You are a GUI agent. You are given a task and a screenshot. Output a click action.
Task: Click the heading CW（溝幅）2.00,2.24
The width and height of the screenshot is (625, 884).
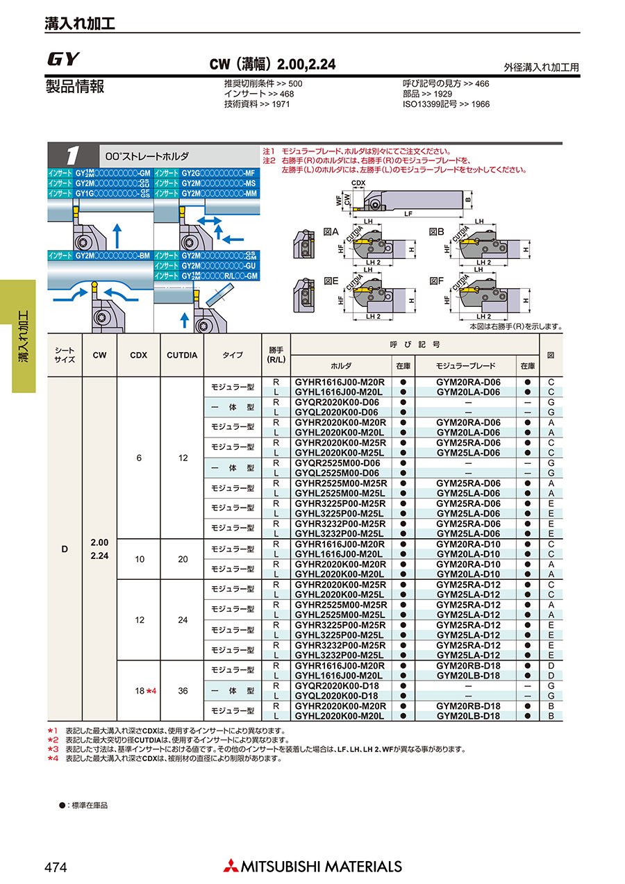272,65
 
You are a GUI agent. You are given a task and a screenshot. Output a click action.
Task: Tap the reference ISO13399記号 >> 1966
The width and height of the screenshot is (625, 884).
446,104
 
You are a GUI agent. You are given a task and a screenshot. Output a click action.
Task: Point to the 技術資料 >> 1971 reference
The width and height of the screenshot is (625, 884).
256,104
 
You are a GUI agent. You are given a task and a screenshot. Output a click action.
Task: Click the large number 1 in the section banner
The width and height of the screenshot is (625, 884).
72,155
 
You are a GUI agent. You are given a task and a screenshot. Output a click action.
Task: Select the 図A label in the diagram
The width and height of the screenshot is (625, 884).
331,233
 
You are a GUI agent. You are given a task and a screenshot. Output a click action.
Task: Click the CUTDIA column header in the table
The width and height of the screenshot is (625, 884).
182,355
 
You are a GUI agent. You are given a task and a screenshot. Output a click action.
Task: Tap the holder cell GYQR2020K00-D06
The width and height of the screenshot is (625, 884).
338,402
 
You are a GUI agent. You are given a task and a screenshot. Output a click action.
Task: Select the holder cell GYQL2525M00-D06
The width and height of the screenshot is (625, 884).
338,473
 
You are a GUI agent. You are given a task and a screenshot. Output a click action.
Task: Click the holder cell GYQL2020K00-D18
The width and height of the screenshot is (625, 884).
338,696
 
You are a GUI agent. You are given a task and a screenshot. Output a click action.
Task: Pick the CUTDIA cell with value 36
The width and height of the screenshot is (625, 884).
182,691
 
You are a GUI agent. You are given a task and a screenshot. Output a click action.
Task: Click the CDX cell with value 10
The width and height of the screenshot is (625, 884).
140,559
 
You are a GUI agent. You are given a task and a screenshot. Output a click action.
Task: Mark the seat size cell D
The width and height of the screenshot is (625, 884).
65,549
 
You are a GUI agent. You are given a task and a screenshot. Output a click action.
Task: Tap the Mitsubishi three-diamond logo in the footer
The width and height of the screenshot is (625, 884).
230,866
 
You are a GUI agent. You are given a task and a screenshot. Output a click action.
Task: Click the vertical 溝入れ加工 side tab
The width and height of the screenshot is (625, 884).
23,336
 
